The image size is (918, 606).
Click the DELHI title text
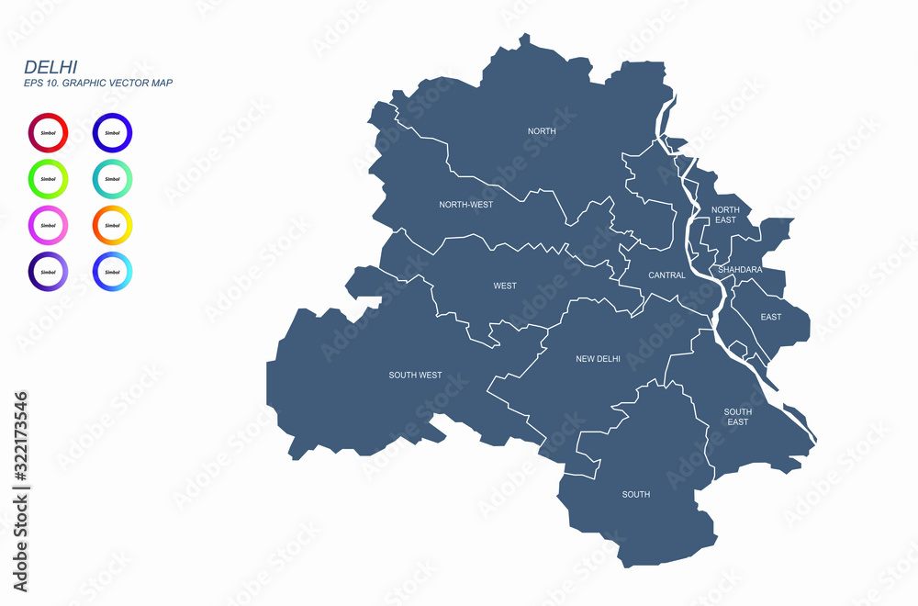(50, 66)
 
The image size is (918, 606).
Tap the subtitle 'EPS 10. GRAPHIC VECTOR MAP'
(98, 84)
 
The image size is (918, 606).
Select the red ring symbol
(48, 133)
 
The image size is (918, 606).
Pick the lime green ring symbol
(48, 179)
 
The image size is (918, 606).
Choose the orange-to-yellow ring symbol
(112, 225)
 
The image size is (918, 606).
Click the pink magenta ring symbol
(48, 225)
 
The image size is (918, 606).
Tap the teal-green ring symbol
(112, 179)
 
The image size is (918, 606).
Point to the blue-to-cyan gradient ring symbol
(112, 272)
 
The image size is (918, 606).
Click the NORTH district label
(542, 131)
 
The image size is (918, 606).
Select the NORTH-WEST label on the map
(465, 205)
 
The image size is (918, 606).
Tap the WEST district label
(505, 286)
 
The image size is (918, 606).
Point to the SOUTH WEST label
(415, 375)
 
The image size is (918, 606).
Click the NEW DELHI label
(598, 359)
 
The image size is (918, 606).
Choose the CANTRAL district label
(666, 275)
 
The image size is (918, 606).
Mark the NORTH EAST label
(725, 215)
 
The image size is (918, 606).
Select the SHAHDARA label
(740, 270)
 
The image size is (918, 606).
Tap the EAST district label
(771, 317)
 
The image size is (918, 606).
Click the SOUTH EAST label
(738, 417)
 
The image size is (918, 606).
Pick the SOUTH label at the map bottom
(635, 494)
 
